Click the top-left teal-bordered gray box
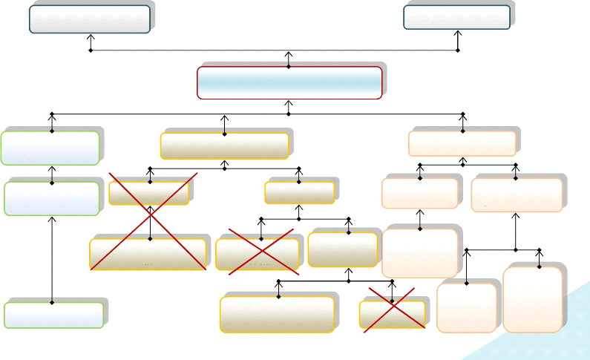[90, 19]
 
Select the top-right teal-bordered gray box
[457, 17]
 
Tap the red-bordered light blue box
[289, 82]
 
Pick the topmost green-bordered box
[50, 148]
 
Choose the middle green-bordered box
[51, 198]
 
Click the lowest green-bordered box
[53, 315]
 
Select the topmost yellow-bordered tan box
[225, 145]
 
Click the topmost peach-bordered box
[462, 143]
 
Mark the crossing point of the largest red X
[151, 220]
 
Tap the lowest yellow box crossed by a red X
[392, 315]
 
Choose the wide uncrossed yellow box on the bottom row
[277, 315]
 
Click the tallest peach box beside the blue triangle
[532, 299]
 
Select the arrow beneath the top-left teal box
[91, 42]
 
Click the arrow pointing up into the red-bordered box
[289, 59]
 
